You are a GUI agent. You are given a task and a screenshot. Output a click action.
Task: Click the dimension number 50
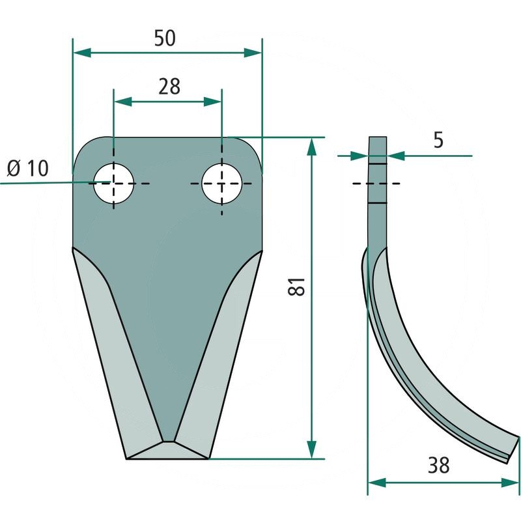click(165, 38)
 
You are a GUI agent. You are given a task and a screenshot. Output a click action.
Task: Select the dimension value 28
click(169, 87)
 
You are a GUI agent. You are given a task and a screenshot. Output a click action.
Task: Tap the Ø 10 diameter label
click(28, 168)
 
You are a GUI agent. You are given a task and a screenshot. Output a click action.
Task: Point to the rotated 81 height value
click(296, 286)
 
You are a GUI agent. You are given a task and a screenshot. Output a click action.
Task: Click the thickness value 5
click(438, 140)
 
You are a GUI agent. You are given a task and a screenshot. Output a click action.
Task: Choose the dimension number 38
click(438, 465)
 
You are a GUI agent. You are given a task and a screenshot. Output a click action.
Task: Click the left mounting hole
click(113, 184)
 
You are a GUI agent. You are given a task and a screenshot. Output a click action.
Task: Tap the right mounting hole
click(221, 184)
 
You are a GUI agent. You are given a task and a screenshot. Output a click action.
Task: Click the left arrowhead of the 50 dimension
click(82, 53)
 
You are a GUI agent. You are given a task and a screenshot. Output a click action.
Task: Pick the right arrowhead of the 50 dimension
click(253, 53)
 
